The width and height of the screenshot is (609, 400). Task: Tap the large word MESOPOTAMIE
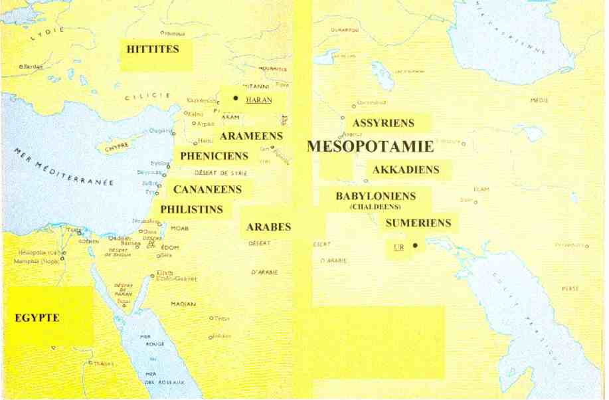point(370,147)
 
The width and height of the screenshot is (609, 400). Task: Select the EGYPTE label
point(37,318)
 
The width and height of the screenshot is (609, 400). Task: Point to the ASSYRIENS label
point(383,123)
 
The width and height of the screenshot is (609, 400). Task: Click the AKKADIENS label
point(406,170)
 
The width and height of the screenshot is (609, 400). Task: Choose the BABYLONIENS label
point(375,197)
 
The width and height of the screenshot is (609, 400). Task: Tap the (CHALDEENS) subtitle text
point(375,207)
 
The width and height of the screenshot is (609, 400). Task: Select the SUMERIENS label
point(418,223)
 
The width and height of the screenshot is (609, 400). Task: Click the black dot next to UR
point(415,246)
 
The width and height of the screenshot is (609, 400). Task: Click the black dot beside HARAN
point(235,98)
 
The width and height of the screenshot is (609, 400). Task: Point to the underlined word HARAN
point(258,100)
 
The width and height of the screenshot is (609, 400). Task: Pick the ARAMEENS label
point(251,136)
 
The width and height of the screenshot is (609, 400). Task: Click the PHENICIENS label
point(214,157)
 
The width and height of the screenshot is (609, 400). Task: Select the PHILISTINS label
point(191,209)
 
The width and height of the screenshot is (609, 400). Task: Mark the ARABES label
point(268,227)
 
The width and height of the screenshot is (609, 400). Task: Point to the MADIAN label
point(183,304)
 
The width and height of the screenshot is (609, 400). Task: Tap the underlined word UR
point(398,247)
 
